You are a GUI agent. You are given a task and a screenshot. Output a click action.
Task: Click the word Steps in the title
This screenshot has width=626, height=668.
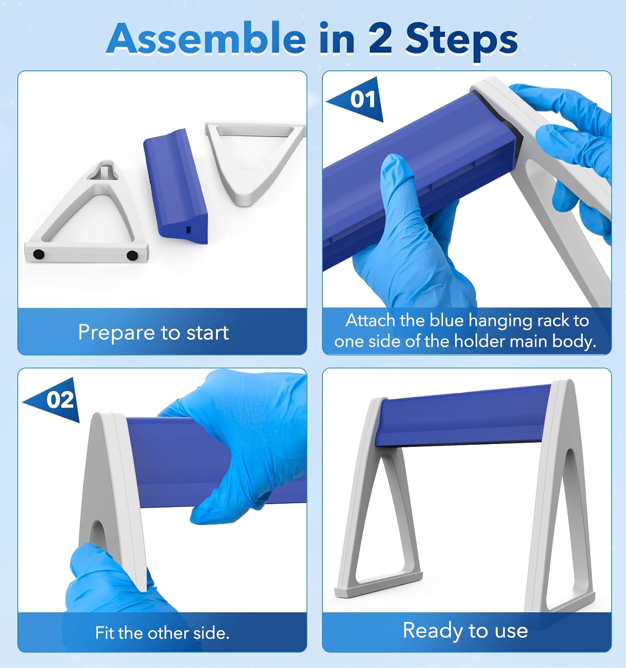pyautogui.click(x=461, y=40)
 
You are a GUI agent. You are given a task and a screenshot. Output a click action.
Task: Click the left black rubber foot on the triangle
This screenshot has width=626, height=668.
pyautogui.click(x=39, y=255)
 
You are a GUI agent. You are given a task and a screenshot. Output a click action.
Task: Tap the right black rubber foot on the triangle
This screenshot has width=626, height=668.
pyautogui.click(x=132, y=255)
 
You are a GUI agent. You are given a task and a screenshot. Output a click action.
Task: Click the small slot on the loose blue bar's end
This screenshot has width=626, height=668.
pyautogui.click(x=188, y=230)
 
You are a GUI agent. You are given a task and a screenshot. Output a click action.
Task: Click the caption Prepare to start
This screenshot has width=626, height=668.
pyautogui.click(x=153, y=332)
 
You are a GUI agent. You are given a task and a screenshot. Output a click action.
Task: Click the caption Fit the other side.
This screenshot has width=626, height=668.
pyautogui.click(x=162, y=633)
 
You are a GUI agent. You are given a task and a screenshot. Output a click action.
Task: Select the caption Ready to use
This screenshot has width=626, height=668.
pyautogui.click(x=465, y=631)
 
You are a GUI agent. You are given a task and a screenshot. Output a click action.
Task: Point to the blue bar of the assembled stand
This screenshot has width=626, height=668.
pyautogui.click(x=463, y=414)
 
